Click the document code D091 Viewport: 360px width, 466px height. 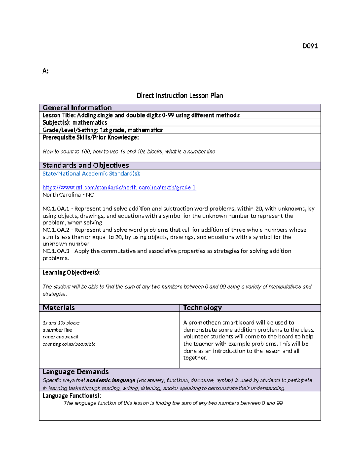point(310,46)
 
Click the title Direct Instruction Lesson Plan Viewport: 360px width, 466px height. point(180,95)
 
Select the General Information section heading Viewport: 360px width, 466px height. point(77,108)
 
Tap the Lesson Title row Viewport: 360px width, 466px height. point(141,115)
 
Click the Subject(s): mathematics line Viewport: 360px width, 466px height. point(75,122)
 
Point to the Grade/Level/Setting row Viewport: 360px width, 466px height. point(102,130)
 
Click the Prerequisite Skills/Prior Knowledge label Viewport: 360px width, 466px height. point(91,137)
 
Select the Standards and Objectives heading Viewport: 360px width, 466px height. point(85,165)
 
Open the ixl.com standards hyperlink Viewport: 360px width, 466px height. point(119,188)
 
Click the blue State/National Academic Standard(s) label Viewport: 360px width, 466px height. point(91,173)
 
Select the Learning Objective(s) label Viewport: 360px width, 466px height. point(71,272)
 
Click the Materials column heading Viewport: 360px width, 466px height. point(58,308)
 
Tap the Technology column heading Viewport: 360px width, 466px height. point(202,308)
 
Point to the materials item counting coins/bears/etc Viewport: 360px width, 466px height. point(69,344)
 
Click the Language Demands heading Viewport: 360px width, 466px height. point(76,372)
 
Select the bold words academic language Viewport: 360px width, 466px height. point(111,380)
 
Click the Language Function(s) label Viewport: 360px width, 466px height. point(72,396)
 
